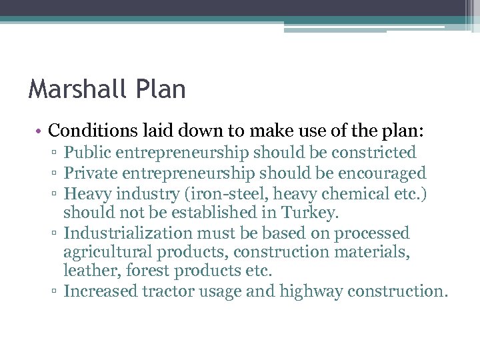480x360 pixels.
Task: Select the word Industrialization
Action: pyautogui.click(x=127, y=233)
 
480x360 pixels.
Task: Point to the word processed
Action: pyautogui.click(x=371, y=233)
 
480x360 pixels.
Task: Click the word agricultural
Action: pyautogui.click(x=107, y=253)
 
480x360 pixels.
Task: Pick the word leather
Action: pyautogui.click(x=86, y=271)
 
